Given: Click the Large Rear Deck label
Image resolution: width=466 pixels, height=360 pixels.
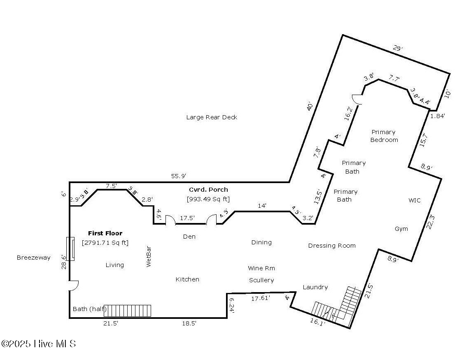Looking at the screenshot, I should point(212,117).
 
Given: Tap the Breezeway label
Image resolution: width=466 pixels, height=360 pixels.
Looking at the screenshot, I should point(33,258).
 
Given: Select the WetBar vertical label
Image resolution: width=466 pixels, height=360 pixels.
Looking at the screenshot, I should point(149,257).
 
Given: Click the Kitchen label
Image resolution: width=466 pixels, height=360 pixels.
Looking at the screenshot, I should point(187,279).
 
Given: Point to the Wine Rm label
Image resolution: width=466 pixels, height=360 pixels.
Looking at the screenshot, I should point(261,268).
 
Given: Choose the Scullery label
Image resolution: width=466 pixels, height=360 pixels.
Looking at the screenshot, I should point(261,280).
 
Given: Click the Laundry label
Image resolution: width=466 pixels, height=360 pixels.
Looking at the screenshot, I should point(315,287).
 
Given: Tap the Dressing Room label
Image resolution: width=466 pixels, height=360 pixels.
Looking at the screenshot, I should point(332,246).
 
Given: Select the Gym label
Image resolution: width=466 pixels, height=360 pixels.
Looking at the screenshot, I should point(401,229).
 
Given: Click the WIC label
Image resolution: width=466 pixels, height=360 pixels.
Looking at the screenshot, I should point(414,200).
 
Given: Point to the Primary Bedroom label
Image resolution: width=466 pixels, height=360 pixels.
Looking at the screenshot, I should point(384,136).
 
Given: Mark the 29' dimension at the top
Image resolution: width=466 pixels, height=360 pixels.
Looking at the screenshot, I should point(397,49).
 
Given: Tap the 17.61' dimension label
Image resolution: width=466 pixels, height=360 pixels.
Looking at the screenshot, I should point(261,299).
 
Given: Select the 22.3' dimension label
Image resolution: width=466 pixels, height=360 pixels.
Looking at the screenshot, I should point(431,223).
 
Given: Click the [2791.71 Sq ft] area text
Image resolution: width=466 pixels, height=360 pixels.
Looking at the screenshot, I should point(105,243).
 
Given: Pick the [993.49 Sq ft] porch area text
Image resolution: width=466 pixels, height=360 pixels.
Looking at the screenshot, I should point(208,199).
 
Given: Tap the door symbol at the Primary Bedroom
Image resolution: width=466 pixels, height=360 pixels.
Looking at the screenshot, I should point(356,99).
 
